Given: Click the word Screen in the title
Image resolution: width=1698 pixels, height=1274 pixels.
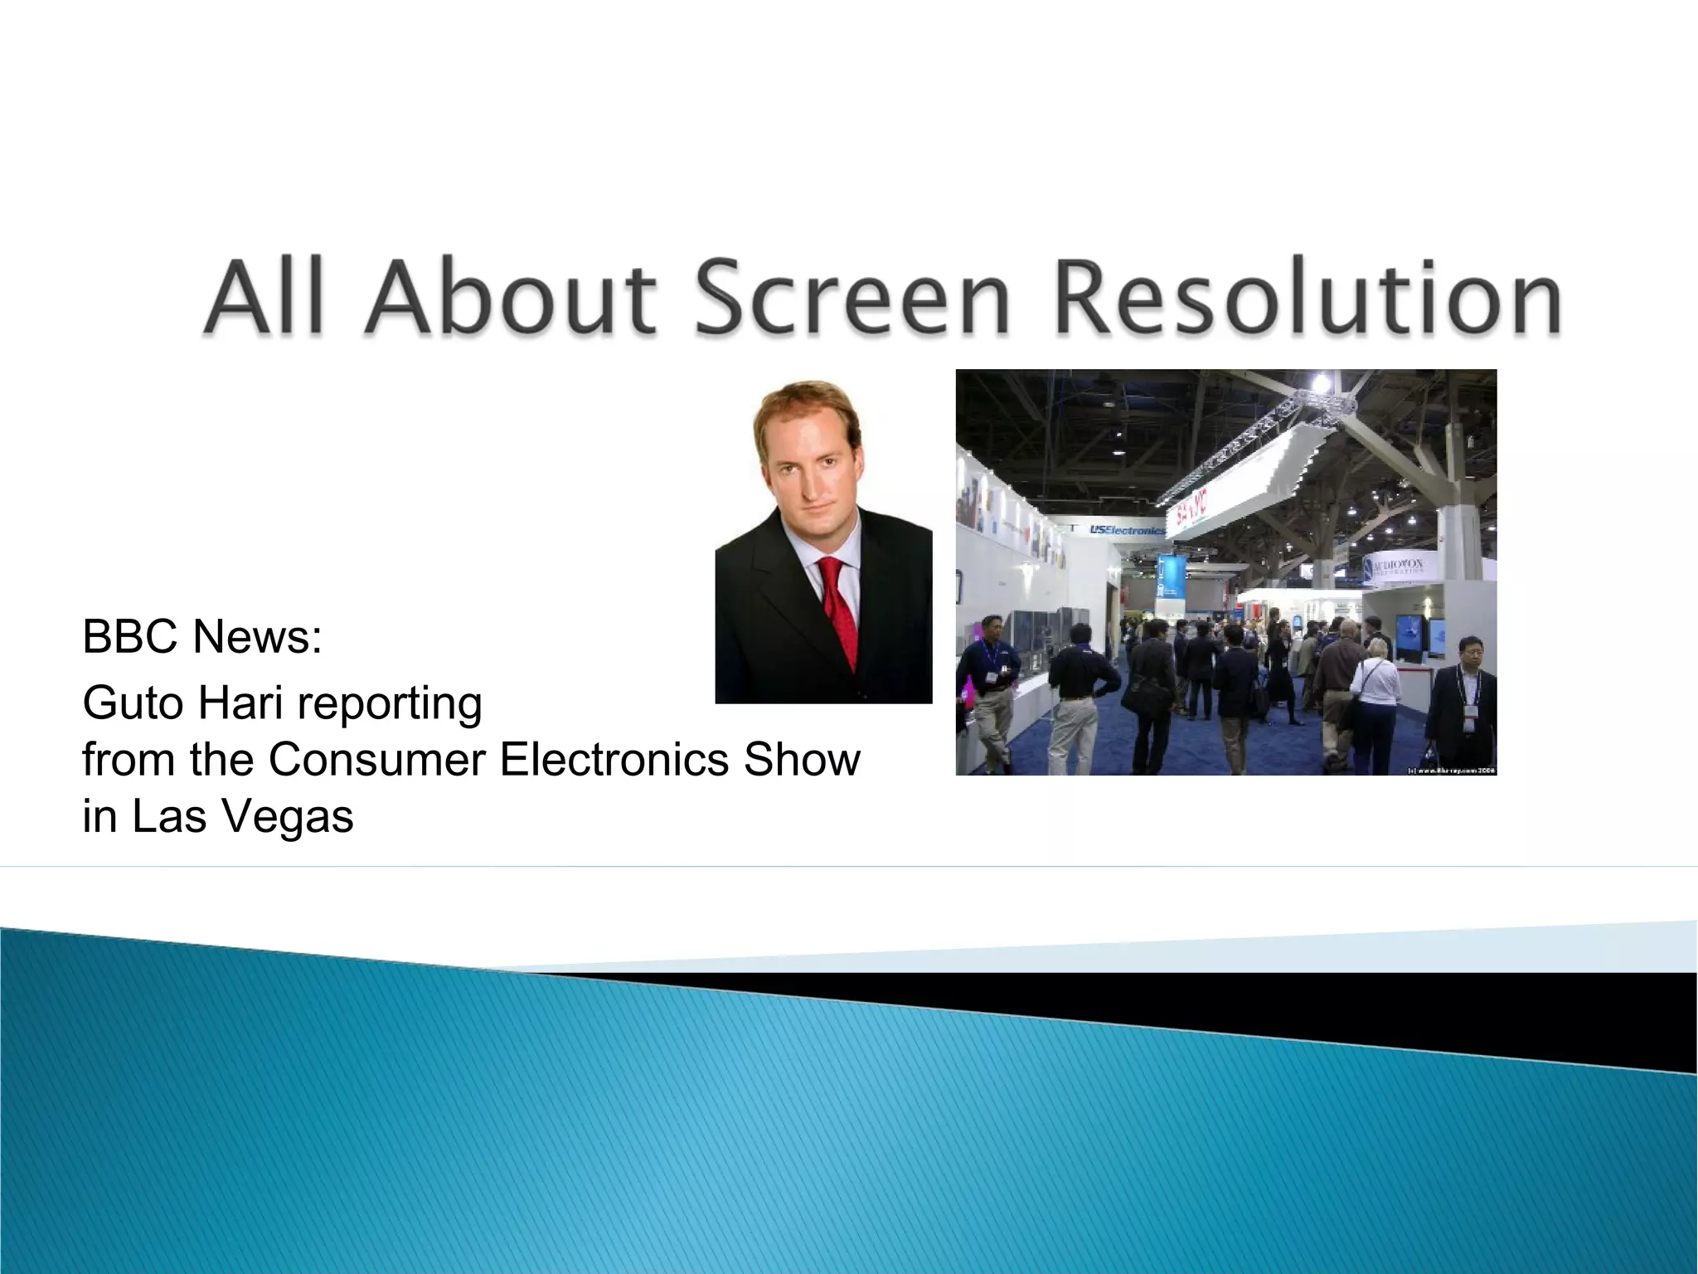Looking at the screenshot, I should coord(851,297).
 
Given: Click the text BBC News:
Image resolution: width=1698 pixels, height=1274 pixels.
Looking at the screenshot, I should coord(202,637).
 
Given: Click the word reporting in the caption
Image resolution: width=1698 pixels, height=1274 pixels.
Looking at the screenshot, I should coord(389,705).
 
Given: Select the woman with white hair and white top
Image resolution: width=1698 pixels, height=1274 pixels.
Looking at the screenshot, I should coord(1376,688).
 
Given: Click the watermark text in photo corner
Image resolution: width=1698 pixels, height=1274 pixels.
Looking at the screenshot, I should coord(1451,770).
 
